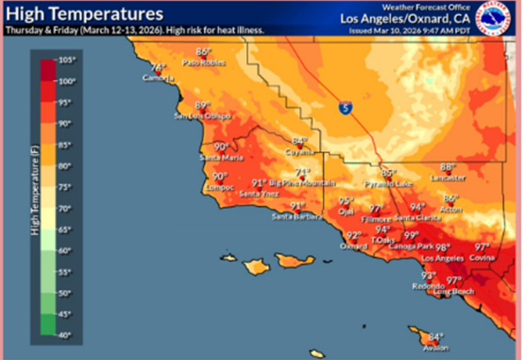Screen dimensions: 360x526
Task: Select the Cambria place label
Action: click(x=157, y=78)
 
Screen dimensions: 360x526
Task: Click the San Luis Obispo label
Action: click(x=201, y=116)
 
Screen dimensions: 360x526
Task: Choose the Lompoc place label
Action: click(x=219, y=187)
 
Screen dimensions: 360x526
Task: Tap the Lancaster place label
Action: click(x=448, y=177)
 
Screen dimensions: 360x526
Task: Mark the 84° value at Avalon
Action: click(x=435, y=336)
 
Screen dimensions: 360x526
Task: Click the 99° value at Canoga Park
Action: click(x=412, y=235)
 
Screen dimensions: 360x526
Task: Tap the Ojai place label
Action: click(x=346, y=212)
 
